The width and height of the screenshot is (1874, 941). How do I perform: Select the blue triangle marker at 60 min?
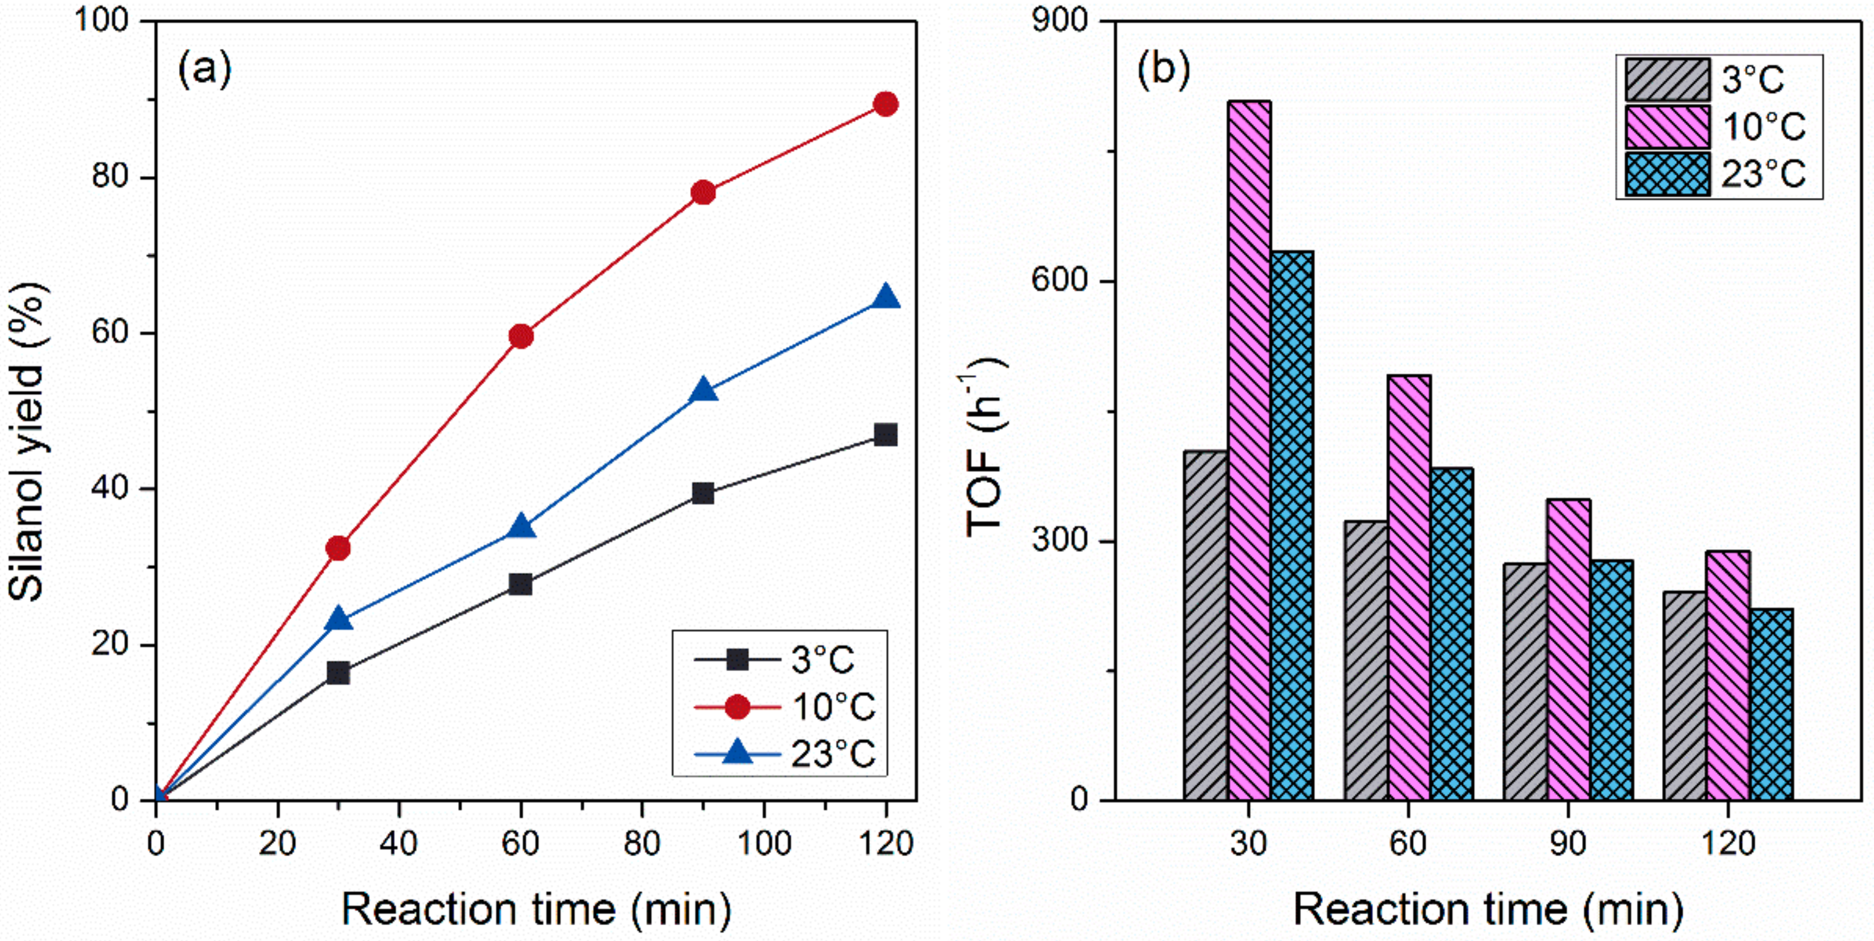pos(521,525)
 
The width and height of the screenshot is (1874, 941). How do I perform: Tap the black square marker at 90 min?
pos(702,494)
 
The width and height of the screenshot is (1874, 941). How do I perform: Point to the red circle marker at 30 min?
pos(338,548)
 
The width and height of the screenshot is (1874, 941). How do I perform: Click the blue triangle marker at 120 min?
pos(885,297)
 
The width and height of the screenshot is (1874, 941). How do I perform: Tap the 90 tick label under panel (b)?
pos(1568,843)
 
